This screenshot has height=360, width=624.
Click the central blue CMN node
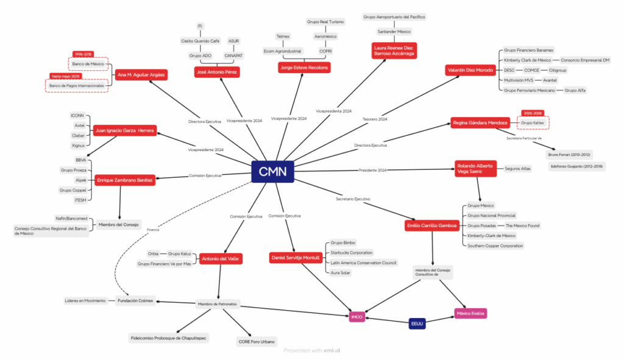272,171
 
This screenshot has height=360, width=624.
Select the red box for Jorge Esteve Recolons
304,68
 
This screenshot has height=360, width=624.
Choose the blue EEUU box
417,324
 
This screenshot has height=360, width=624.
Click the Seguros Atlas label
517,168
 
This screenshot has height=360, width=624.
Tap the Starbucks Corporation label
351,252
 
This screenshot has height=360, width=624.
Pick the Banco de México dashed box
87,63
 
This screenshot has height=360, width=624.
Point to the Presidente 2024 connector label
372,169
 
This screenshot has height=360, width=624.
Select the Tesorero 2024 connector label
375,119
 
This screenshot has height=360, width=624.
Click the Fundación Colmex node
136,300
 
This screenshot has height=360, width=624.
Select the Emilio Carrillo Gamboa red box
431,226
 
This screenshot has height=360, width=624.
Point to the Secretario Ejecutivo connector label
353,199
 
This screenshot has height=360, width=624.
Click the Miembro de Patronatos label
218,303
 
